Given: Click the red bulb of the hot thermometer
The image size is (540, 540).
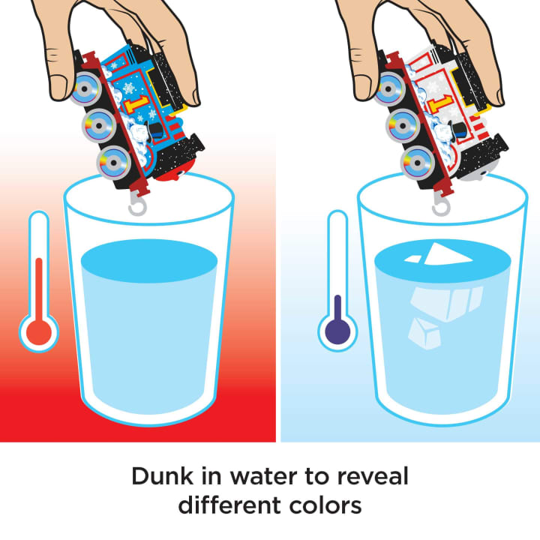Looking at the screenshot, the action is click(x=39, y=333).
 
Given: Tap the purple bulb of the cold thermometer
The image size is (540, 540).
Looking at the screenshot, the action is click(x=337, y=331).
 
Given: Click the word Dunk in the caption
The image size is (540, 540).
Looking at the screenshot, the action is click(x=163, y=476).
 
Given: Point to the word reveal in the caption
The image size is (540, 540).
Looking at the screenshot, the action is click(x=373, y=476).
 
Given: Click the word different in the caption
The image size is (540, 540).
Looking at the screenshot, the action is click(x=230, y=505).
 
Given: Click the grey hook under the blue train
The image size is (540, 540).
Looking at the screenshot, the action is click(x=137, y=206).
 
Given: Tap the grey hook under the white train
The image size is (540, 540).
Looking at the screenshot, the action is click(x=442, y=206).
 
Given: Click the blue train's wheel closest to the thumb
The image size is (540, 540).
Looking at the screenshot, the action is click(x=84, y=88).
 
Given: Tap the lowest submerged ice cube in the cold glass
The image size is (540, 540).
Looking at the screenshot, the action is click(x=424, y=333).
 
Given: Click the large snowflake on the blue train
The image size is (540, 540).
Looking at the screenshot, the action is click(x=129, y=88).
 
